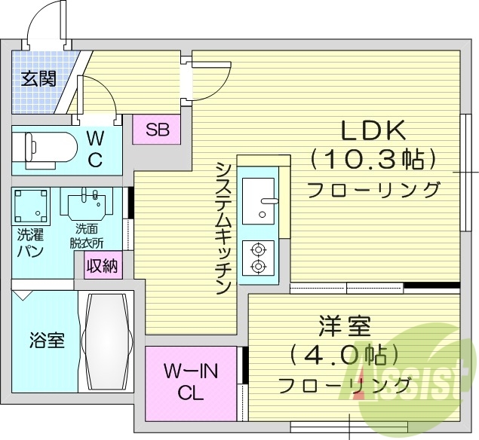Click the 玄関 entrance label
point(38,78)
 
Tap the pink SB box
point(157,129)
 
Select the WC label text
point(95,148)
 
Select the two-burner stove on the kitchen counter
point(258,257)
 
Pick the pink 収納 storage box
point(102,266)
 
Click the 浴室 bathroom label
point(46,340)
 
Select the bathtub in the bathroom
point(106,341)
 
